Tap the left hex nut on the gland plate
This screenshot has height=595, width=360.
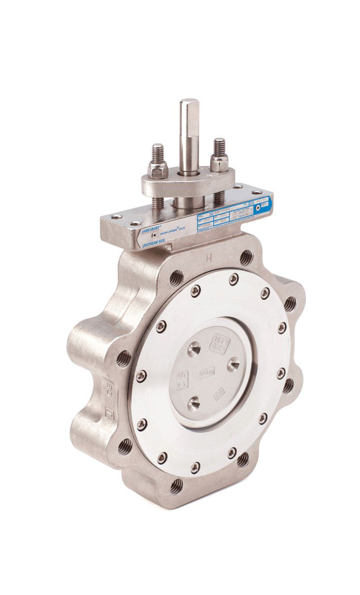(x=158, y=169)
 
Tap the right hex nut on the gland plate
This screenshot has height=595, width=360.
(x=219, y=162)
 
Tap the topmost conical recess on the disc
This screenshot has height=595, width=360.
(x=195, y=348)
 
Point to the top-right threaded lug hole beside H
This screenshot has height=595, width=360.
(x=246, y=258)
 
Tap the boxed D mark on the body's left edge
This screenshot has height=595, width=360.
(x=109, y=413)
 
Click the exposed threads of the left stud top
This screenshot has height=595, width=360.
(x=157, y=152)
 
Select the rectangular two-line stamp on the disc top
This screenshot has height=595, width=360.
(x=219, y=343)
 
